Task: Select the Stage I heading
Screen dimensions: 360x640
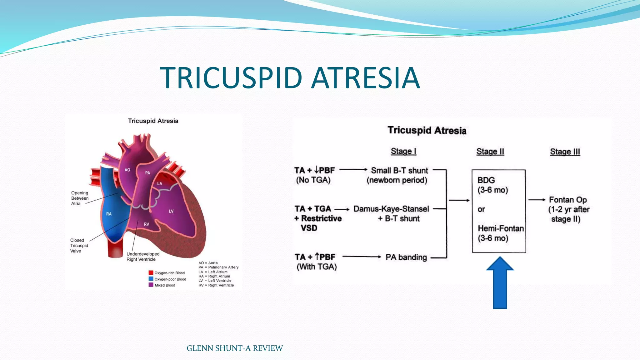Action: pyautogui.click(x=403, y=151)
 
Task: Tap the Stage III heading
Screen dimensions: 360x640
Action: pyautogui.click(x=565, y=152)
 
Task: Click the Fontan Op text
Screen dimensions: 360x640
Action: pyautogui.click(x=568, y=200)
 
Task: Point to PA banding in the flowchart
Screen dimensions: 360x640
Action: pyautogui.click(x=406, y=257)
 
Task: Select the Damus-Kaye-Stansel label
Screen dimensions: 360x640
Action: pyautogui.click(x=391, y=209)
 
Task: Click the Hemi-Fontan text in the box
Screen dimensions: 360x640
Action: pyautogui.click(x=501, y=228)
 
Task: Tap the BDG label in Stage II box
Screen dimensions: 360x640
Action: pyautogui.click(x=486, y=180)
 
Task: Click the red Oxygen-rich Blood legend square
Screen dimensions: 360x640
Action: pyautogui.click(x=151, y=273)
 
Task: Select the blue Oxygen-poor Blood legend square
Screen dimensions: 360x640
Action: pyautogui.click(x=151, y=279)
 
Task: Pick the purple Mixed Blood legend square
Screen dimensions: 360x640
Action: pyautogui.click(x=151, y=285)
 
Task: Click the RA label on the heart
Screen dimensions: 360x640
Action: pyautogui.click(x=109, y=214)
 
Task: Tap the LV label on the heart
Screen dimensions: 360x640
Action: pyautogui.click(x=171, y=211)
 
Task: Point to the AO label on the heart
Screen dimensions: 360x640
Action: pyautogui.click(x=127, y=170)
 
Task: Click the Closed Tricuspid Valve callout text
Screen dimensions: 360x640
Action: pyautogui.click(x=79, y=245)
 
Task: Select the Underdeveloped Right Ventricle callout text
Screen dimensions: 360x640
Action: pyautogui.click(x=143, y=257)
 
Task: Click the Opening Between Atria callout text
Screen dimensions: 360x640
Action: pyautogui.click(x=80, y=198)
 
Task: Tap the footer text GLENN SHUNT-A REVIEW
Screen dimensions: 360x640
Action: pyautogui.click(x=234, y=348)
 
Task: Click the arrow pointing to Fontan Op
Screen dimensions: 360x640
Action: pyautogui.click(x=537, y=200)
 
